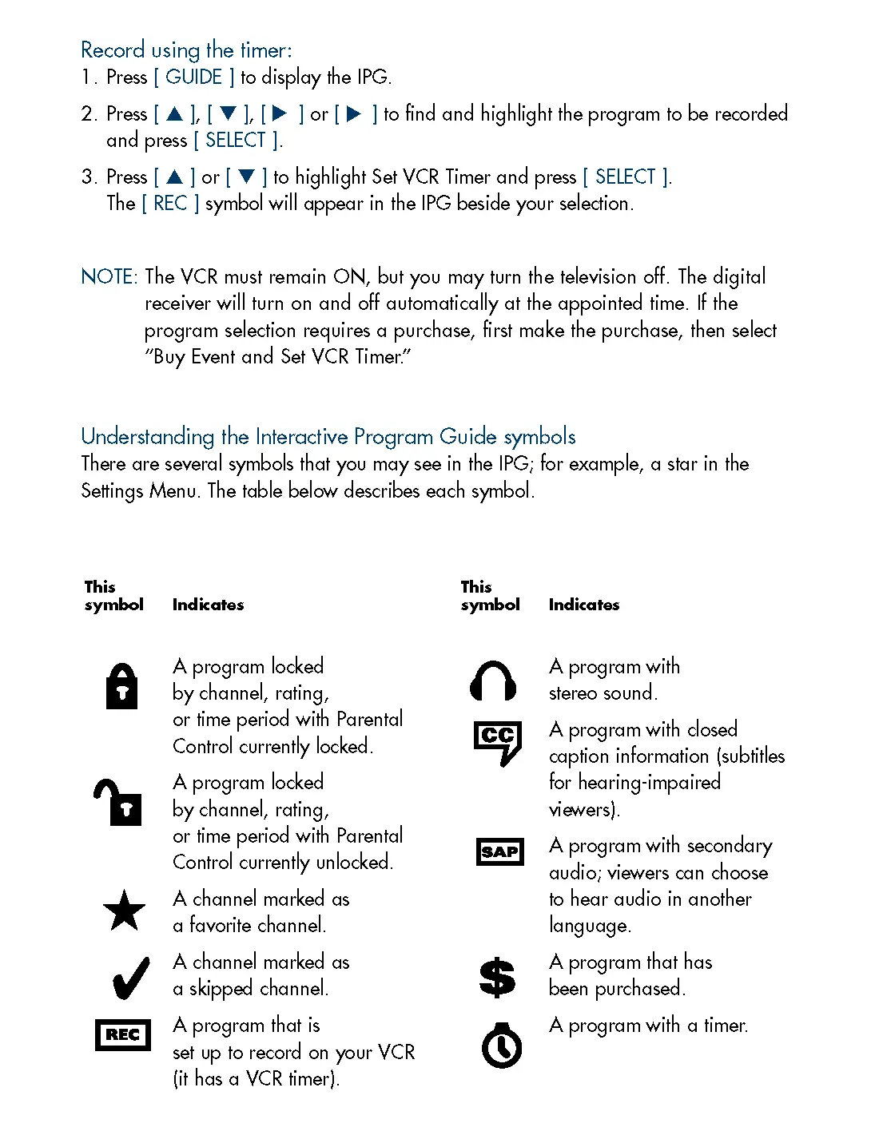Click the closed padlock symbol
(x=121, y=686)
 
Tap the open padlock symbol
(x=118, y=802)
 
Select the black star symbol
(x=124, y=911)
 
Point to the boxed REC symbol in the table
(x=122, y=1035)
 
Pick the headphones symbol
(x=493, y=681)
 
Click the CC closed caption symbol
(x=498, y=741)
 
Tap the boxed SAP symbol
(x=499, y=852)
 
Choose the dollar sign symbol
(x=497, y=977)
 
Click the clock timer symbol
(x=502, y=1046)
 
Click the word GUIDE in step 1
(x=193, y=77)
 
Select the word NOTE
(x=109, y=276)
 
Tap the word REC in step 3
(x=170, y=203)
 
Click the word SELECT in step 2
(x=235, y=140)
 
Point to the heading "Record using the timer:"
(x=186, y=50)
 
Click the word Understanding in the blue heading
(x=148, y=436)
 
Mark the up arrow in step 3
(x=175, y=177)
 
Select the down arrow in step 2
(x=229, y=113)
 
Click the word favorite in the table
(x=256, y=925)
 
